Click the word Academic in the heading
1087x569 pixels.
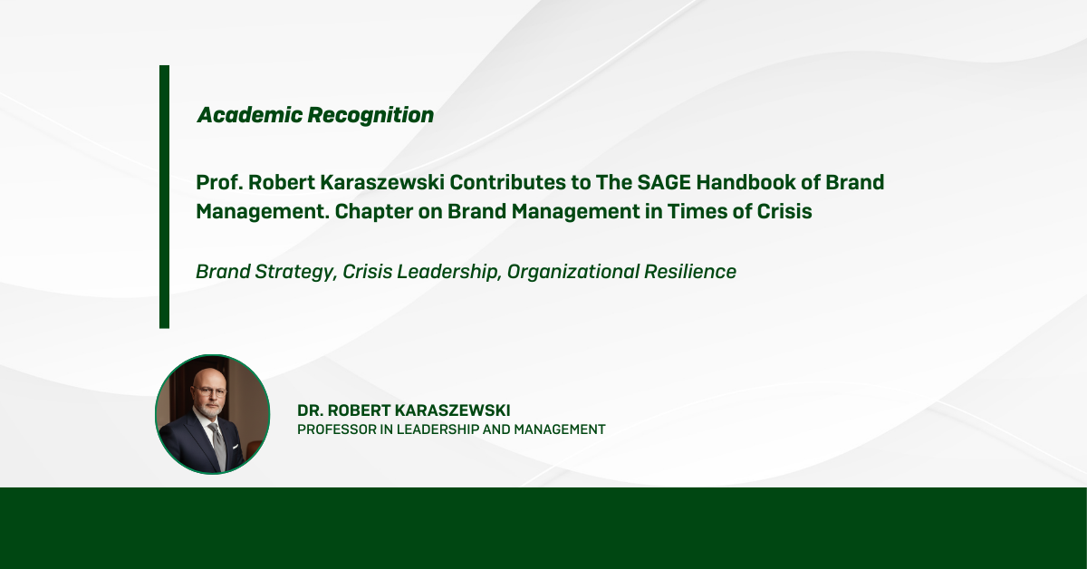(249, 115)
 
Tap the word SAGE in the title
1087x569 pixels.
(663, 182)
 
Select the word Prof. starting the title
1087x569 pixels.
(219, 182)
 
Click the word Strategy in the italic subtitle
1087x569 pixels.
(296, 273)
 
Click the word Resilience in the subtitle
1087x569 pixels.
(690, 272)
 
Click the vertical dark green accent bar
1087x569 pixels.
(165, 197)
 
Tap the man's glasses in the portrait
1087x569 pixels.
(209, 391)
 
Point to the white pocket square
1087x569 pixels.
(236, 447)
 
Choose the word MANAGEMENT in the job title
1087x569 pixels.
(560, 429)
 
